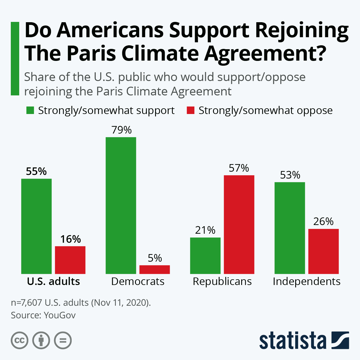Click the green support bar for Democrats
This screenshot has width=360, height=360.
pos(121,205)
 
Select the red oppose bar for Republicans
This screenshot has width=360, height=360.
pos(239,224)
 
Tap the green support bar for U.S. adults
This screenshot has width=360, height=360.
pos(36,226)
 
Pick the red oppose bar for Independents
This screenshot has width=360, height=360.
pos(323,251)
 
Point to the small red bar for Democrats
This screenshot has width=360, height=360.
pos(154,269)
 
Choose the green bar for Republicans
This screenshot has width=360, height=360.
pos(205,256)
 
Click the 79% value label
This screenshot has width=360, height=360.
pos(121,130)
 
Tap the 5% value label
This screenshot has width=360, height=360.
pos(155,258)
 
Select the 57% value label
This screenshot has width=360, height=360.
pos(239,168)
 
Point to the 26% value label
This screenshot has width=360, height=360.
pos(323,221)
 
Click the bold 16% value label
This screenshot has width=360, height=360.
pos(70,239)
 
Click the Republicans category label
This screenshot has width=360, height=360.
pos(222,281)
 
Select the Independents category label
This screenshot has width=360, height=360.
pos(307,281)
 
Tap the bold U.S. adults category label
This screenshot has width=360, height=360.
pos(53,281)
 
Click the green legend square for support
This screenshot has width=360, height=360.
pos(30,110)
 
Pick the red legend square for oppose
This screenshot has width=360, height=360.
pos(191,110)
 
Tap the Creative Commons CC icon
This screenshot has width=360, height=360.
pos(19,340)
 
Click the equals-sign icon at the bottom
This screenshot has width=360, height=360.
pos(63,340)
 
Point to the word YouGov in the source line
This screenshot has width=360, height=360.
pos(60,315)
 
